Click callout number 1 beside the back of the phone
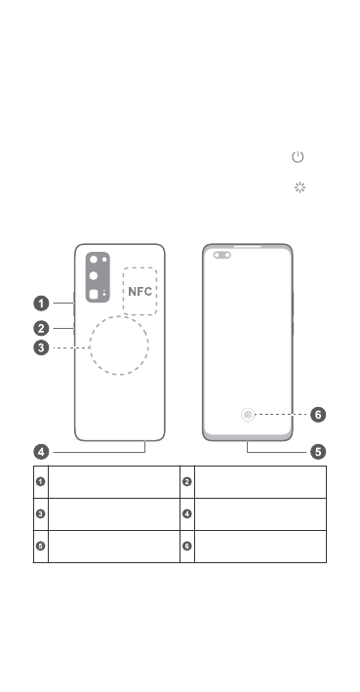(x=42, y=304)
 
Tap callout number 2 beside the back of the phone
(x=42, y=328)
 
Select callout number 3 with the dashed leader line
(x=42, y=347)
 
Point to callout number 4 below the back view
(x=42, y=452)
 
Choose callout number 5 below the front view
(x=318, y=452)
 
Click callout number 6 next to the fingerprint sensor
(x=318, y=415)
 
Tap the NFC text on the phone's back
(x=140, y=291)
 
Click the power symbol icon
(x=298, y=157)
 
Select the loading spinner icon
(x=300, y=187)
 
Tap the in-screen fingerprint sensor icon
(x=248, y=415)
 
